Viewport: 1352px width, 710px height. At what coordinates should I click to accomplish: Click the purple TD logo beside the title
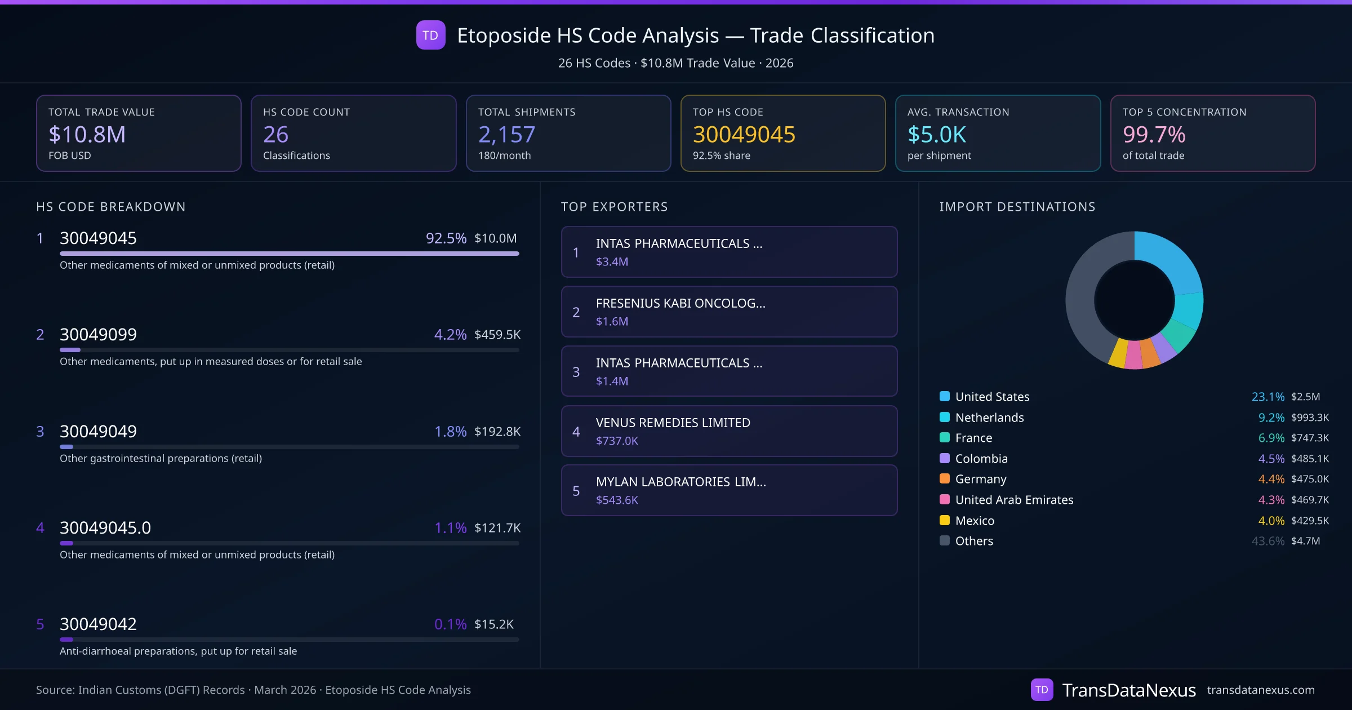[430, 35]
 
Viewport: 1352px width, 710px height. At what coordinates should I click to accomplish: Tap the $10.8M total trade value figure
[87, 134]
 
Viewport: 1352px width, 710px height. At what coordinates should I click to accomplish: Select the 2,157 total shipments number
[506, 134]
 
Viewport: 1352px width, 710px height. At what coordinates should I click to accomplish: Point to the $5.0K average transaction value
[936, 134]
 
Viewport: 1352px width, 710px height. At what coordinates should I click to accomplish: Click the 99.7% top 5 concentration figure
[1154, 134]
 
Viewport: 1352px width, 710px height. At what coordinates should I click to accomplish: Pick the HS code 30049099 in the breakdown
[98, 334]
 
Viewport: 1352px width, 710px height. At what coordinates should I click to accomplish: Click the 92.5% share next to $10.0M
[446, 238]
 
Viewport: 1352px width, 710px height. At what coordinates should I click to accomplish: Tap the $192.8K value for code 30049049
[497, 432]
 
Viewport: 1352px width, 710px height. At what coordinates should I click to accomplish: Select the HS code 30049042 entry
[98, 624]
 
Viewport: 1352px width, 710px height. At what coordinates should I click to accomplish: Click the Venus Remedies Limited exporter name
[673, 423]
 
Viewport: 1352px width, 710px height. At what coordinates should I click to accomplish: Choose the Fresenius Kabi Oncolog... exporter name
[680, 303]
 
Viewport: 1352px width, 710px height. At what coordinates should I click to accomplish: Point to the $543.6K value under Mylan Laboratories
[617, 500]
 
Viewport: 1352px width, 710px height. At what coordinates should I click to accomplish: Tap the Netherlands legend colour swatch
[945, 418]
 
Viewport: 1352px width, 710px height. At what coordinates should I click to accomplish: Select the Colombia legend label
[981, 459]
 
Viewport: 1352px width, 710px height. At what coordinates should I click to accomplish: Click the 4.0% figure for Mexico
[1271, 521]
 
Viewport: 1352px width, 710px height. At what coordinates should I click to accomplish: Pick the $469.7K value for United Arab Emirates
[1310, 500]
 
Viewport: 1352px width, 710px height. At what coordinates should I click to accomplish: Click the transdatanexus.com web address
[1260, 690]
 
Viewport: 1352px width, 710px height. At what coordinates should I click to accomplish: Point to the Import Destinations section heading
[1017, 207]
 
